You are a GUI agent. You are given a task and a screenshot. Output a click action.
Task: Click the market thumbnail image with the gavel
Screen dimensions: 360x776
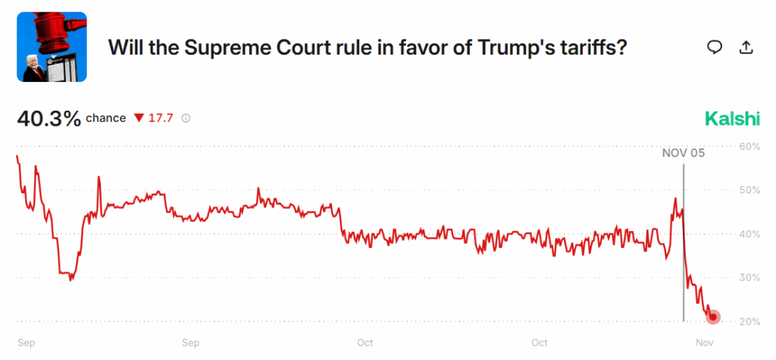pyautogui.click(x=52, y=47)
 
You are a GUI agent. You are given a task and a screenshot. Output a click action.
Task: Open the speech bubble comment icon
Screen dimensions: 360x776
pyautogui.click(x=714, y=47)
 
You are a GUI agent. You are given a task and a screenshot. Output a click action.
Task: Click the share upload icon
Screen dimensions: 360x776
pyautogui.click(x=746, y=47)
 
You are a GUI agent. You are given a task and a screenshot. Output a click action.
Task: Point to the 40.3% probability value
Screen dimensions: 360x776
pyautogui.click(x=48, y=119)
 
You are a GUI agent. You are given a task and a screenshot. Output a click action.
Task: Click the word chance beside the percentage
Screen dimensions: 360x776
pyautogui.click(x=105, y=118)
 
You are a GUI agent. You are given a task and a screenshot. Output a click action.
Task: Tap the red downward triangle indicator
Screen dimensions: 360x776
pyautogui.click(x=138, y=118)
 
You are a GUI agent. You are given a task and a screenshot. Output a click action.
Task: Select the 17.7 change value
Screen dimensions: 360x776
pyautogui.click(x=161, y=118)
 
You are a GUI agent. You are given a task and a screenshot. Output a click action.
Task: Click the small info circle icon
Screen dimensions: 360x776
pyautogui.click(x=186, y=118)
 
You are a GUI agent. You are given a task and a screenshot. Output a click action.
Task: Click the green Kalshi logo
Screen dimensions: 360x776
pyautogui.click(x=731, y=119)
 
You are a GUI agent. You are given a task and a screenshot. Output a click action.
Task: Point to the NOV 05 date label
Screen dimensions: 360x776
pyautogui.click(x=683, y=153)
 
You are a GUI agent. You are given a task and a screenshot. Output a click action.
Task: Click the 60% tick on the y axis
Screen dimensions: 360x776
pyautogui.click(x=749, y=146)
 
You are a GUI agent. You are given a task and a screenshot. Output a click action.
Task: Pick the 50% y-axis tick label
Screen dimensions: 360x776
pyautogui.click(x=749, y=190)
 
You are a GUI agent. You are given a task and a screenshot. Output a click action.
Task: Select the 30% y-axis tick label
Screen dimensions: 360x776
pyautogui.click(x=749, y=278)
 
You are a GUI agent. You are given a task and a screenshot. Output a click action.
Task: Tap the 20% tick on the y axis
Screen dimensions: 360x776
pyautogui.click(x=749, y=322)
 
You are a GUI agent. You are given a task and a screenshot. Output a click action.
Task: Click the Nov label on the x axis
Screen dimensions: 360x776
pyautogui.click(x=705, y=343)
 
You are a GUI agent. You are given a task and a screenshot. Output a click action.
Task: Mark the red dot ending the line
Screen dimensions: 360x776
pyautogui.click(x=713, y=318)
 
